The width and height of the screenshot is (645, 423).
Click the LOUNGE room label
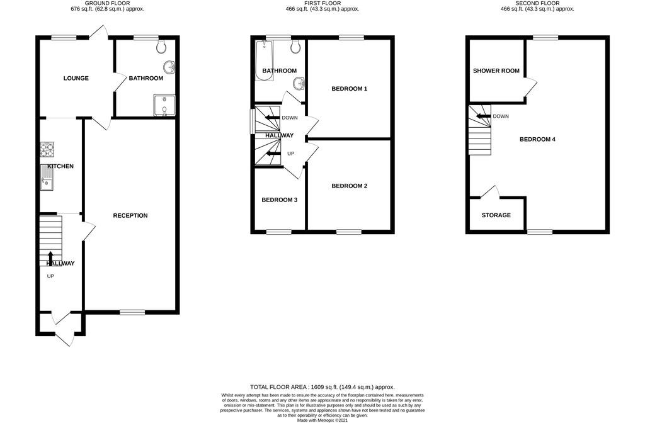coord(76,78)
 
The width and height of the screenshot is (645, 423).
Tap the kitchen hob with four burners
coord(47,149)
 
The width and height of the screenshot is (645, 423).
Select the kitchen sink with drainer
coord(47,178)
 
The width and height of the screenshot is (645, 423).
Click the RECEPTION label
coord(130,215)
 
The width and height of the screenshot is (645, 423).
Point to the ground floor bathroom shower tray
coord(164,105)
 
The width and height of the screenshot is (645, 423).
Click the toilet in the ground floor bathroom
coord(161,47)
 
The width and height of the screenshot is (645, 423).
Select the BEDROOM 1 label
coord(349,88)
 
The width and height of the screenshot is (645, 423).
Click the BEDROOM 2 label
coord(349,186)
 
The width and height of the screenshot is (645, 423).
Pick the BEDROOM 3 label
coord(279,200)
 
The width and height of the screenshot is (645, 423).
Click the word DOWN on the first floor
coord(290,118)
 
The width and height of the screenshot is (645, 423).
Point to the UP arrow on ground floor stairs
coord(50,257)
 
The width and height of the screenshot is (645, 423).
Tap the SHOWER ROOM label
coord(496,70)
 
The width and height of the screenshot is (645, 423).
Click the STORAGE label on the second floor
coord(496,215)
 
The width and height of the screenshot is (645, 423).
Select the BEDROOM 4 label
coord(537,139)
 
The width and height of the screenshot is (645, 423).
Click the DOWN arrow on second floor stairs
coord(484,116)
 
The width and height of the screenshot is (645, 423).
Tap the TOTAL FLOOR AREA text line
coord(322,387)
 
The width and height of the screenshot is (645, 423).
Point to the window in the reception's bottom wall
coord(132,312)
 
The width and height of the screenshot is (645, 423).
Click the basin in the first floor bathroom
coord(299,84)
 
